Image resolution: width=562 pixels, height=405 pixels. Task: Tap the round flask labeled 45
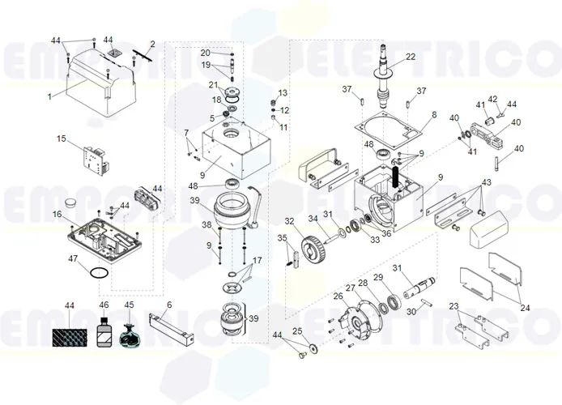[x=129, y=335]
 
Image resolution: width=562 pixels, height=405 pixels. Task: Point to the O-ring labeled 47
[x=98, y=275]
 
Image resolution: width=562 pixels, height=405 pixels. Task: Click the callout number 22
[x=411, y=57]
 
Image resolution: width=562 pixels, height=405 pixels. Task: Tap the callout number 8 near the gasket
[x=433, y=115]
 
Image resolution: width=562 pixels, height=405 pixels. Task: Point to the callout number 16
[x=57, y=214]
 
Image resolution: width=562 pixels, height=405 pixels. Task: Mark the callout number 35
[x=283, y=238]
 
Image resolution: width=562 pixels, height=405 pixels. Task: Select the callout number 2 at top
[x=152, y=43]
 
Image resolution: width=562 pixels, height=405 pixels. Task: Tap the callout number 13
[x=283, y=93]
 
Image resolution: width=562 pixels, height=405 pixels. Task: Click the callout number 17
[x=258, y=260]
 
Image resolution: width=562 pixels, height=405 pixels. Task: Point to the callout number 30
[x=411, y=311]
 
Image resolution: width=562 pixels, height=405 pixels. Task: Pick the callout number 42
[x=492, y=99]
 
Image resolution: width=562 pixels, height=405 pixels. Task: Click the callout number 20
[x=205, y=53]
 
